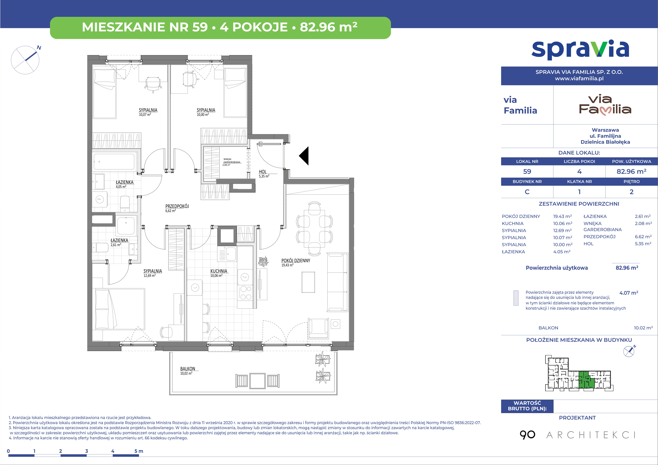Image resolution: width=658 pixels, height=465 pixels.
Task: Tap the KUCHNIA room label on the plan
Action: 219,271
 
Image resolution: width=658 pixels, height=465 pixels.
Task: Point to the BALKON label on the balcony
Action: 187,369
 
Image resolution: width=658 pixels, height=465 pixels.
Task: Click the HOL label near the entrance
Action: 263,172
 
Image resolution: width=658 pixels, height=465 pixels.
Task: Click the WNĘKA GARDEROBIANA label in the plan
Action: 232,161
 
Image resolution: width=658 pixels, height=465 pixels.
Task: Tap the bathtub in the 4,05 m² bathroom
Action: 114,162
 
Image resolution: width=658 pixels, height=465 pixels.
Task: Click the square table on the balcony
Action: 257,381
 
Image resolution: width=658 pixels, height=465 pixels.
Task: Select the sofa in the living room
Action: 338,282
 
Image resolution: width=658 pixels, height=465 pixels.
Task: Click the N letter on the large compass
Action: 39,48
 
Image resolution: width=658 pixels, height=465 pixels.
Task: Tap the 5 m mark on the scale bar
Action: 139,451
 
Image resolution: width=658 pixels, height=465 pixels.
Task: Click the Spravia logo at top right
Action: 580,50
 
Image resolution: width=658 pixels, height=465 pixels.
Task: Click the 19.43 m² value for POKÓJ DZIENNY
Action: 562,216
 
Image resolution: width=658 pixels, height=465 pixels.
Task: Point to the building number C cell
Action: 527,192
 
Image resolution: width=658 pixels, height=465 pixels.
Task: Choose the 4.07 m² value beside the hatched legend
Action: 629,293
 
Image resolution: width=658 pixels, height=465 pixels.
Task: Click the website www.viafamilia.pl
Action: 579,78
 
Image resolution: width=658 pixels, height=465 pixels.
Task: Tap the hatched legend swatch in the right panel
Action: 516,298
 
